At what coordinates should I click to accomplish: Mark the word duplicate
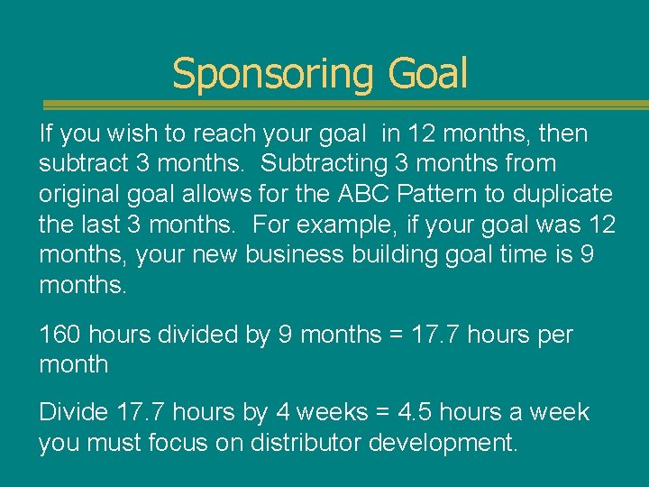click(x=565, y=194)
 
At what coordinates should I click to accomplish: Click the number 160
click(x=61, y=335)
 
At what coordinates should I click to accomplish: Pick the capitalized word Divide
click(x=74, y=412)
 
